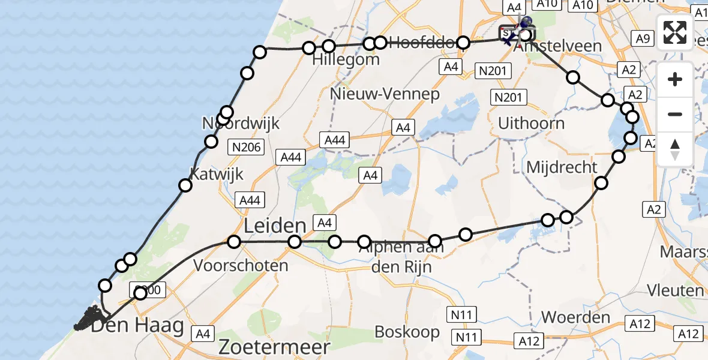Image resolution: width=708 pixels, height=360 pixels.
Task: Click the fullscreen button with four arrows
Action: [x=675, y=32]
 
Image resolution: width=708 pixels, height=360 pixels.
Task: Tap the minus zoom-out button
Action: [x=675, y=114]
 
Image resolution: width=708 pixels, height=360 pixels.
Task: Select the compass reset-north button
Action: [x=675, y=149]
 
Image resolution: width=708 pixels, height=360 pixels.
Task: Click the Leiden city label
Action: [x=275, y=226]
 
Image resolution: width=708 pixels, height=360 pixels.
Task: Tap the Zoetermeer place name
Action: [x=274, y=347]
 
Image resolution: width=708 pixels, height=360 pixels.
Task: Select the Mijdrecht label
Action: [x=562, y=167]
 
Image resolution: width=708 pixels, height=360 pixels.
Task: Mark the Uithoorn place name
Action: [x=532, y=124]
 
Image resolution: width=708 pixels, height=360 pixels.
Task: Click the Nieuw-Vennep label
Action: [x=385, y=94]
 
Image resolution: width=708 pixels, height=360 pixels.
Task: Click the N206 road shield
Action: [x=247, y=146]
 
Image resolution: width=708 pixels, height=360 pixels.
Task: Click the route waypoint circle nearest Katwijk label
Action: [x=185, y=185]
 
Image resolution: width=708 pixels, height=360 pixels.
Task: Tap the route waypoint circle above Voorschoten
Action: [x=234, y=242]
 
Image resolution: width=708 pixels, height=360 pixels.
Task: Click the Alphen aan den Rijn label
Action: [x=402, y=257]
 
